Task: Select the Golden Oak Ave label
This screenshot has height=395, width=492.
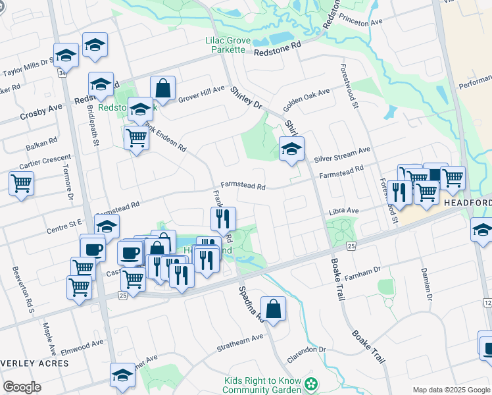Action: pos(306,100)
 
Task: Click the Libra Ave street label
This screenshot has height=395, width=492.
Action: pos(344,211)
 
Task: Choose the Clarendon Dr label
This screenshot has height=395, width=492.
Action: pos(307,355)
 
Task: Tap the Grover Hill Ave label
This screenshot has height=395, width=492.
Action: pos(201,94)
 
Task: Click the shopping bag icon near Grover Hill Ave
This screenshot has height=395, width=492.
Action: pos(162,88)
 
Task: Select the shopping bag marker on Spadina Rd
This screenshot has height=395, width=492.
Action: pos(273,308)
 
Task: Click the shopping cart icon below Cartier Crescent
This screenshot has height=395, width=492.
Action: pos(21,182)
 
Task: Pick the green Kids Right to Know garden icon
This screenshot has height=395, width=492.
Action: pos(314,382)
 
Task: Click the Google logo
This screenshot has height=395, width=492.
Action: pos(22,387)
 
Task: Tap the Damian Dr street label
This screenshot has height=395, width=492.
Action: pos(428,284)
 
